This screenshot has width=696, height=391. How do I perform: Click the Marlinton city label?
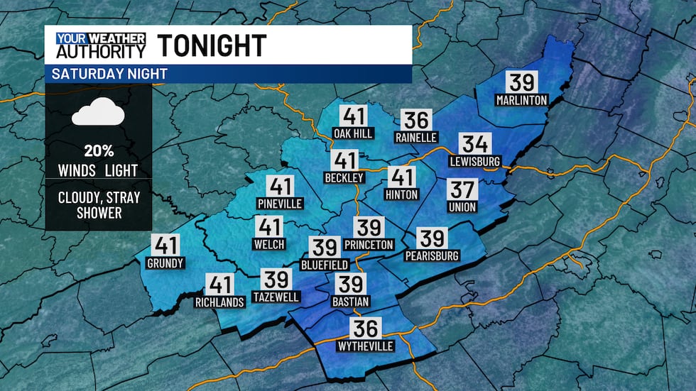(522, 100)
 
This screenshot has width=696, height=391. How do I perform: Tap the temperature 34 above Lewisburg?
(474, 144)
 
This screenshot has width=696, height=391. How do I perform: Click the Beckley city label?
(344, 177)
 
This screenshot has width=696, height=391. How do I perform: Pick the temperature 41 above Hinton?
(402, 177)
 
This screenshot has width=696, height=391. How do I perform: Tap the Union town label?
(462, 207)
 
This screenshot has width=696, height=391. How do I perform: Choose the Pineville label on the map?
(280, 204)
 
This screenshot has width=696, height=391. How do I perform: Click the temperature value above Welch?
(269, 228)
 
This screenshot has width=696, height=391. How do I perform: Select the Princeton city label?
(368, 244)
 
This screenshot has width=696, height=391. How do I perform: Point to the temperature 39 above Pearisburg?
(432, 238)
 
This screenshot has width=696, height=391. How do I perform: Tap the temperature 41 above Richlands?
(220, 285)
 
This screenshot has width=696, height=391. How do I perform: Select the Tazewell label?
(276, 297)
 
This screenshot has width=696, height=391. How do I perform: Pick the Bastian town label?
(351, 302)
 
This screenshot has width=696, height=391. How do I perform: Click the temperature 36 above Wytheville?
(366, 327)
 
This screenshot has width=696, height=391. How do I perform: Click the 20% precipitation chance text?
(98, 151)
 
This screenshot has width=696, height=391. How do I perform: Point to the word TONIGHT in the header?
(212, 45)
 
